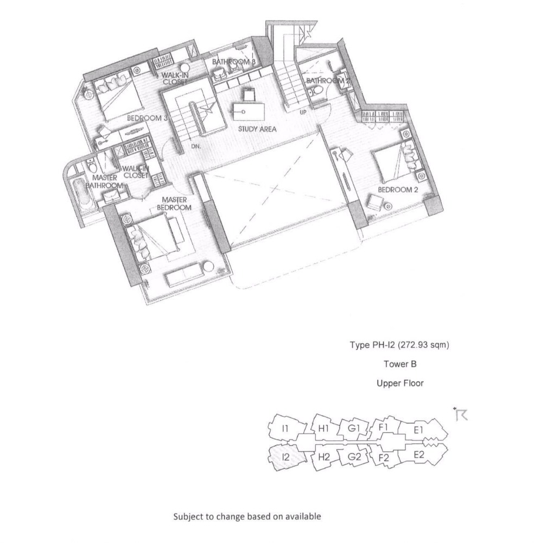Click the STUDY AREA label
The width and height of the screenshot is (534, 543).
(x=257, y=129)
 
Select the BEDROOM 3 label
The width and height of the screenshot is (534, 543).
(x=147, y=117)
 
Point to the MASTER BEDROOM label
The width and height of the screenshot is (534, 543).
(x=174, y=204)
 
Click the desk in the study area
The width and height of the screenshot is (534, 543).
(x=247, y=112)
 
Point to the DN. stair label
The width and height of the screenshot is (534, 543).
(x=196, y=147)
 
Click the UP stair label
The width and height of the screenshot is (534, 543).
(x=303, y=113)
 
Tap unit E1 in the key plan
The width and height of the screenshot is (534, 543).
(x=418, y=430)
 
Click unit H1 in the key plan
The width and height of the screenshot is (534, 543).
(x=324, y=428)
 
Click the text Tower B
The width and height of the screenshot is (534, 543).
(x=399, y=364)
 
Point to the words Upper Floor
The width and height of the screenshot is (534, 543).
(x=399, y=383)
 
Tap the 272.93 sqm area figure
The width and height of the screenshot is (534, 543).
(x=423, y=344)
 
